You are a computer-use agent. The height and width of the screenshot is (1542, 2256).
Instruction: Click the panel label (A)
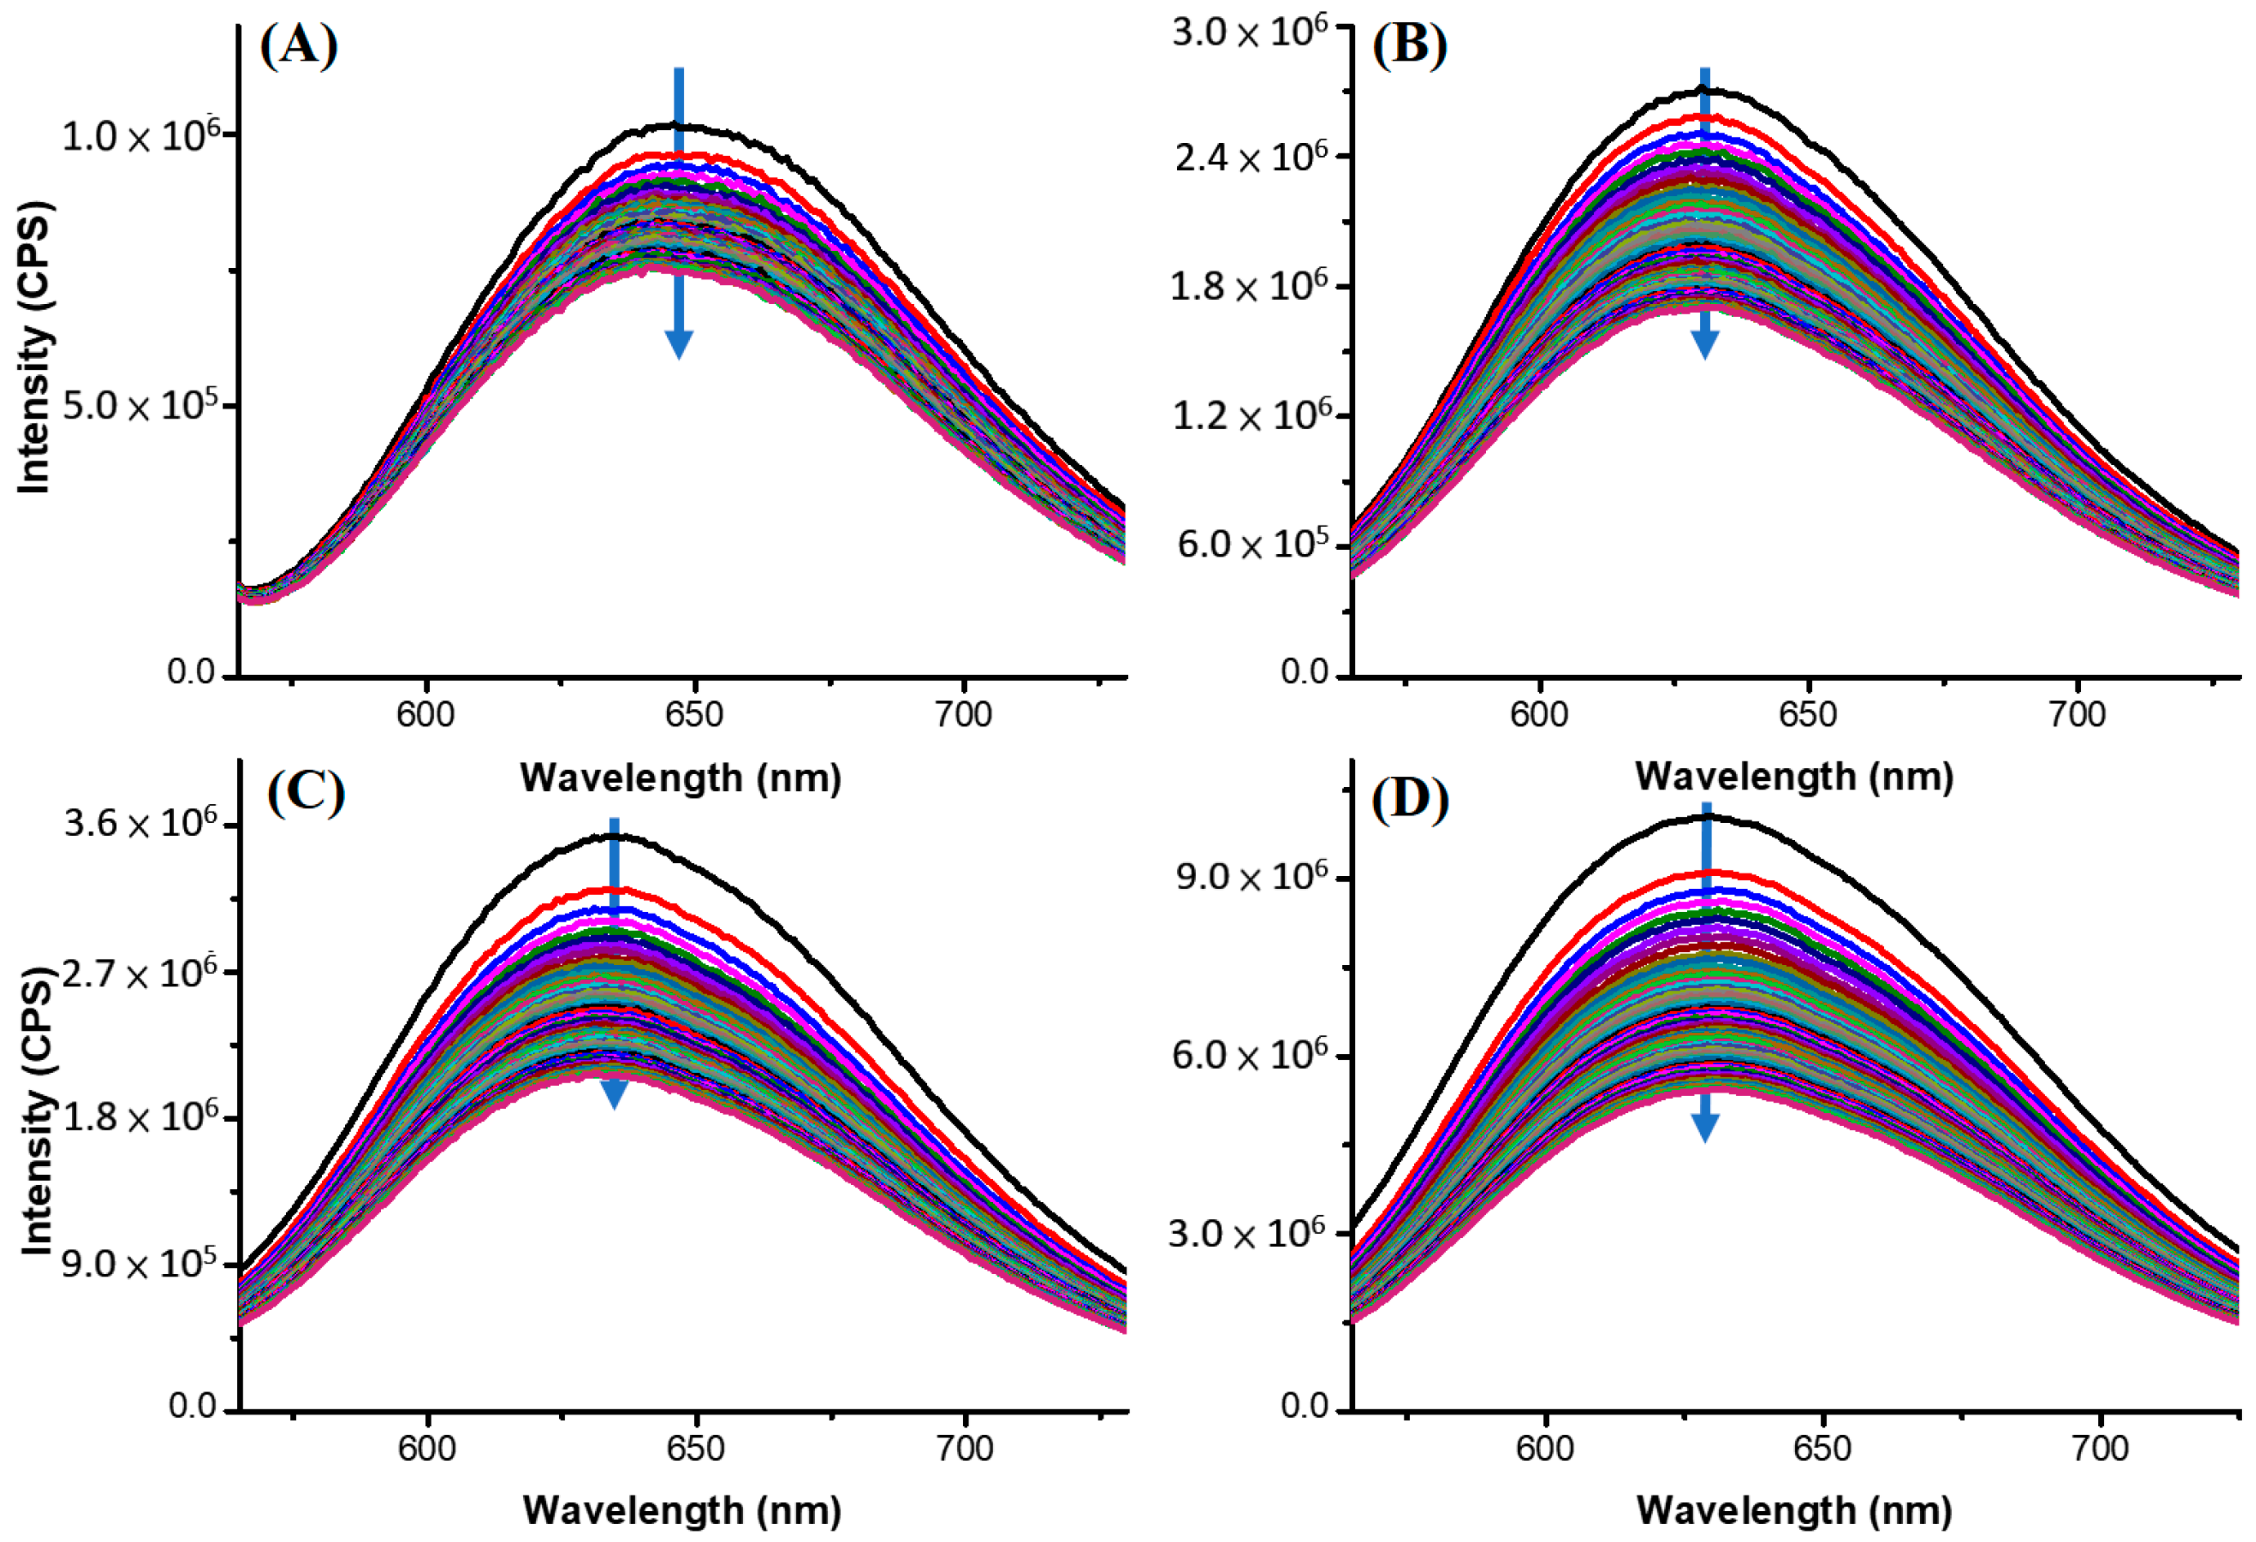point(299,47)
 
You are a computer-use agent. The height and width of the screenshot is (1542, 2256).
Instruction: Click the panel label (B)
point(1409,46)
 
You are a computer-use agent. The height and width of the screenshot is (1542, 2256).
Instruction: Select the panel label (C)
point(306,793)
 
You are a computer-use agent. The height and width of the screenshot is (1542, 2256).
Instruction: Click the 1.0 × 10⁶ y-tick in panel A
point(149,135)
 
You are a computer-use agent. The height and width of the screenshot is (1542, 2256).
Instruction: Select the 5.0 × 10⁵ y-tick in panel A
point(149,404)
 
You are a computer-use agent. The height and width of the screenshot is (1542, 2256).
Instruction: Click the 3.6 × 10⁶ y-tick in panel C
point(149,824)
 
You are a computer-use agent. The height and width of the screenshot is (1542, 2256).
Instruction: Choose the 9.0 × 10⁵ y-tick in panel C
point(149,1263)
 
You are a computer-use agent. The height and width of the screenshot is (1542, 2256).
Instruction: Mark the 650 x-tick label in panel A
point(694,715)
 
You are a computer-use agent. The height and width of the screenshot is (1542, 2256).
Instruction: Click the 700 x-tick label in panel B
point(2076,715)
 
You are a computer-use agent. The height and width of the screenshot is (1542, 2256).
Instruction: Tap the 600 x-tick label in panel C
point(426,1448)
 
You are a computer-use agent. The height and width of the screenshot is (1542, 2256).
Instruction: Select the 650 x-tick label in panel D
point(1822,1448)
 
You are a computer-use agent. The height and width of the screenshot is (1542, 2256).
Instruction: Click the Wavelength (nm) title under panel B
point(1794,776)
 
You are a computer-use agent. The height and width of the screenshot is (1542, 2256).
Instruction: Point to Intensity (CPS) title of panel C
point(35,1111)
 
